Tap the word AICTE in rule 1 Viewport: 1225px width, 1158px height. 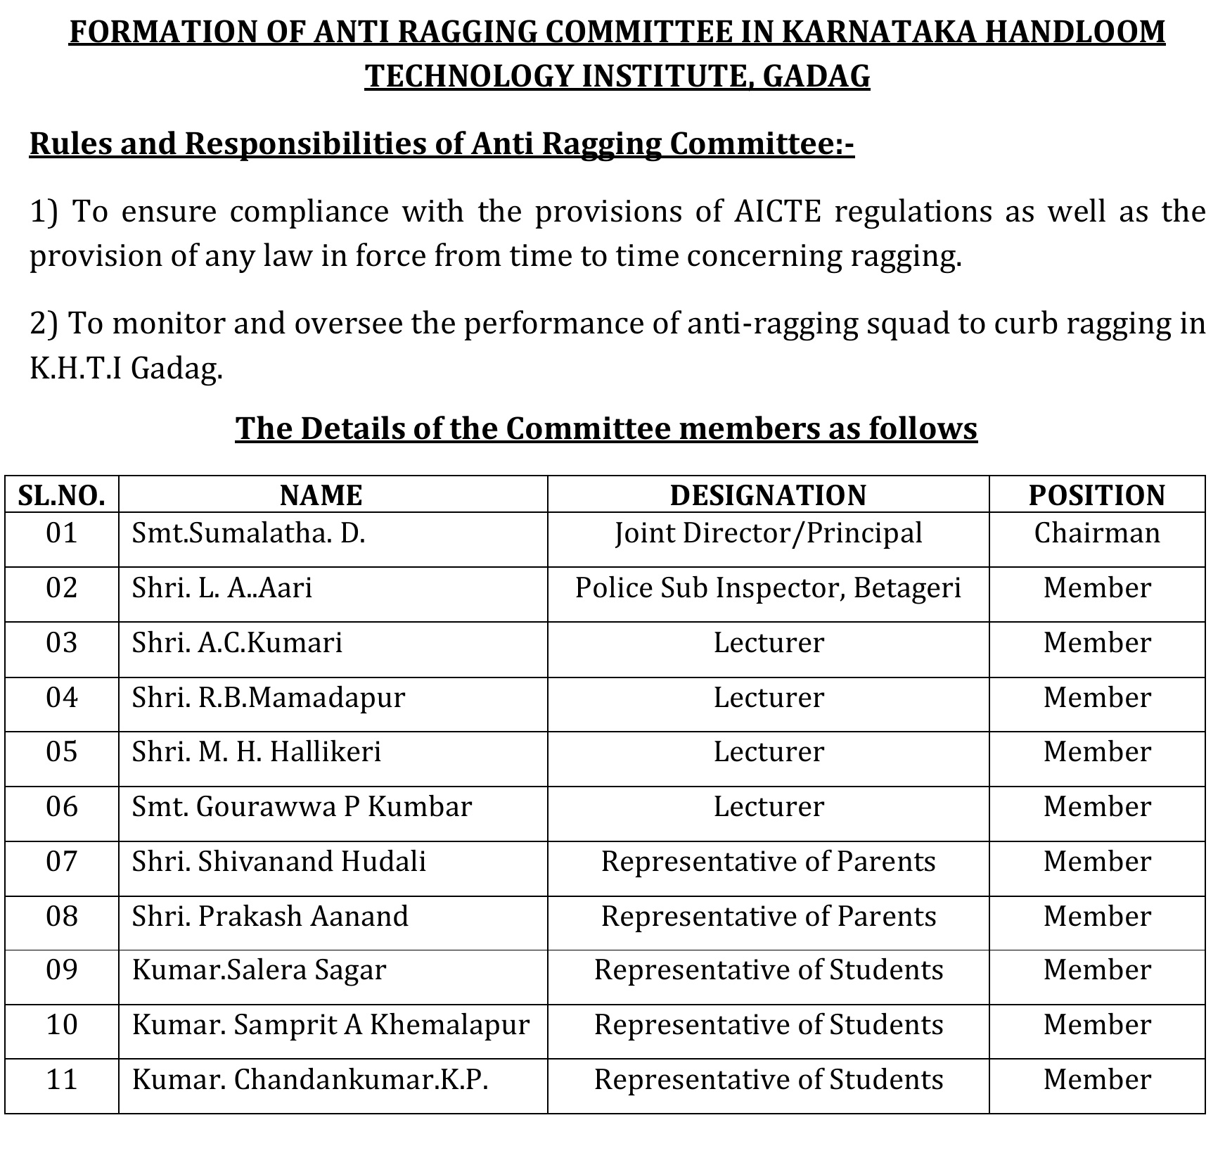(x=776, y=211)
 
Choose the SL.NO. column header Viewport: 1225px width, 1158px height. (x=62, y=495)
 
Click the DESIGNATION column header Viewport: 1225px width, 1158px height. (x=768, y=495)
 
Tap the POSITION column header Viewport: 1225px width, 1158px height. (x=1096, y=495)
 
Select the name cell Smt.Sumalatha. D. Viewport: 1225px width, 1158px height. (x=248, y=533)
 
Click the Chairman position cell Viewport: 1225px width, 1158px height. (x=1096, y=533)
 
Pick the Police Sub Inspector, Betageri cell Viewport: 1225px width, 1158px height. (x=768, y=588)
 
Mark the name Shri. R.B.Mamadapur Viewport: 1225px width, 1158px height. (x=268, y=698)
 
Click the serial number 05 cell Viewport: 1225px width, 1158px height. (x=62, y=752)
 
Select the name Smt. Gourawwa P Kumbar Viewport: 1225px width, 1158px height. (x=301, y=807)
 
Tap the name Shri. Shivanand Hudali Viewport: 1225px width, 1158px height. (x=278, y=862)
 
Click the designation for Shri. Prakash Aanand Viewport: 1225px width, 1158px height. (x=768, y=917)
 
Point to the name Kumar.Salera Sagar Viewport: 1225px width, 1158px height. (x=259, y=971)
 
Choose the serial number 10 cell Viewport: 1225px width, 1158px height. (x=62, y=1025)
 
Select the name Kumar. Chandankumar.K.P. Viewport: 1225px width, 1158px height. (x=309, y=1080)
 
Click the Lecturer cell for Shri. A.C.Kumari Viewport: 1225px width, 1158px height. (x=768, y=643)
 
